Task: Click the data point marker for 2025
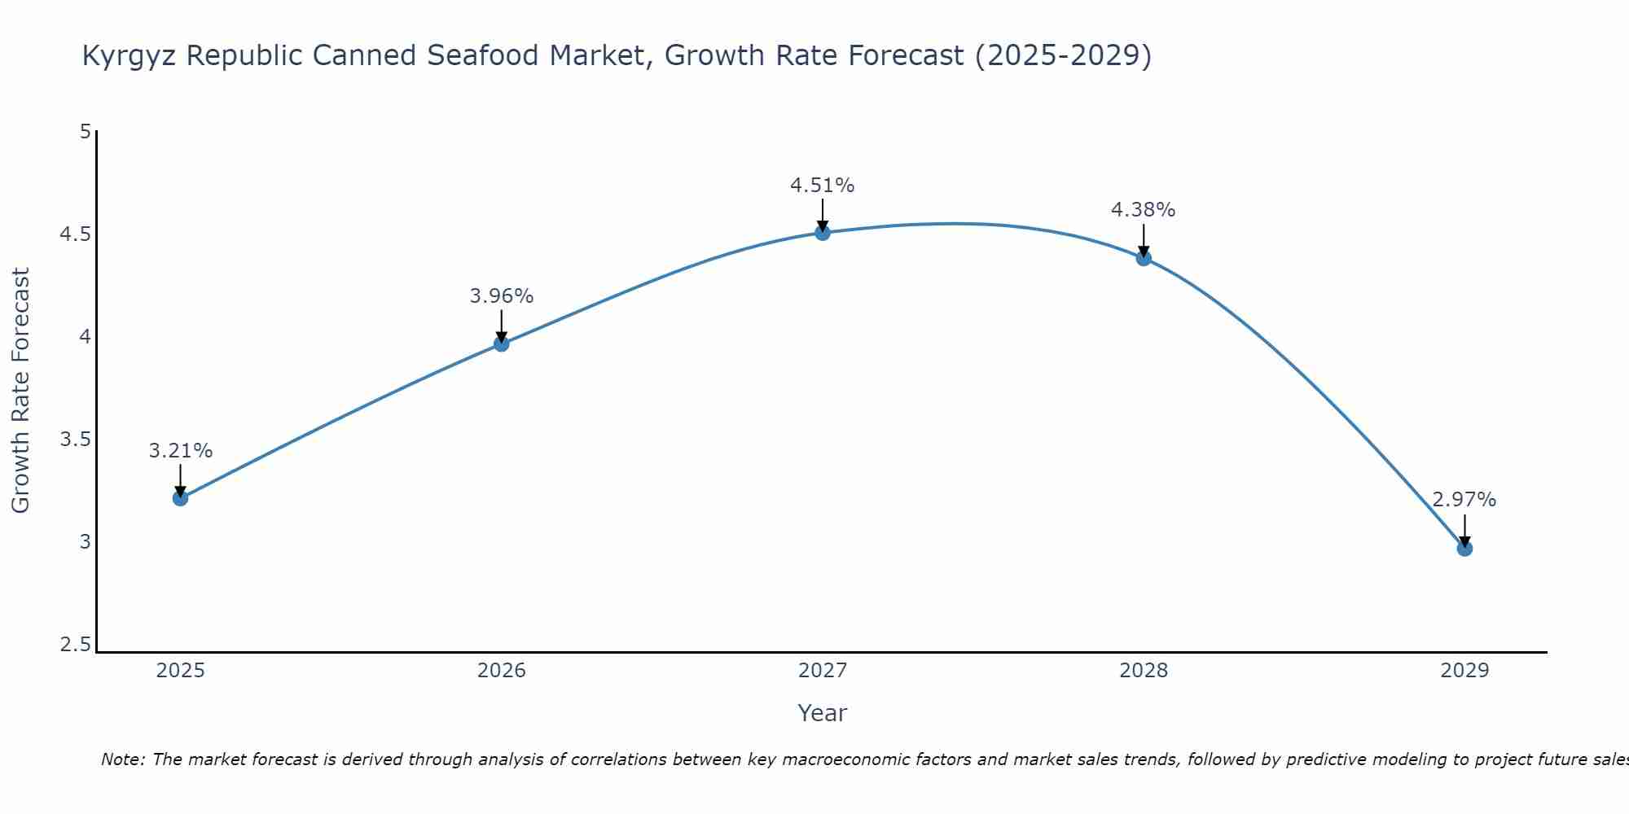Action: tap(180, 498)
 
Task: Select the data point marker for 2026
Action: tap(502, 344)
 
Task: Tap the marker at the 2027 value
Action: tap(823, 233)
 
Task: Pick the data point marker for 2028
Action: tap(1144, 259)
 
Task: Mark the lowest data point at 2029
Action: tap(1464, 549)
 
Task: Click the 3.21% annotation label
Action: tap(180, 451)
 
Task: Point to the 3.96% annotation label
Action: tap(502, 296)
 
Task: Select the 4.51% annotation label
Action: tap(823, 186)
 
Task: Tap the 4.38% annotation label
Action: tap(1144, 210)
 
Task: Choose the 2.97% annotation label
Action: tap(1464, 500)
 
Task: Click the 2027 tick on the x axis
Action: tap(823, 671)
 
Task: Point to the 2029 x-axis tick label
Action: tap(1464, 671)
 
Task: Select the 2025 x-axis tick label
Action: tap(180, 671)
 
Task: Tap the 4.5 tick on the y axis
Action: tap(75, 234)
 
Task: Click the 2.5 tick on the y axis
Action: tap(75, 646)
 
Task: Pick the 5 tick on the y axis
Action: tap(85, 132)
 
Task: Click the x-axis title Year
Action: tap(823, 713)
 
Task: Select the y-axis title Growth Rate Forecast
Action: tap(20, 391)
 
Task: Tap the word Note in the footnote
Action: tap(122, 759)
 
